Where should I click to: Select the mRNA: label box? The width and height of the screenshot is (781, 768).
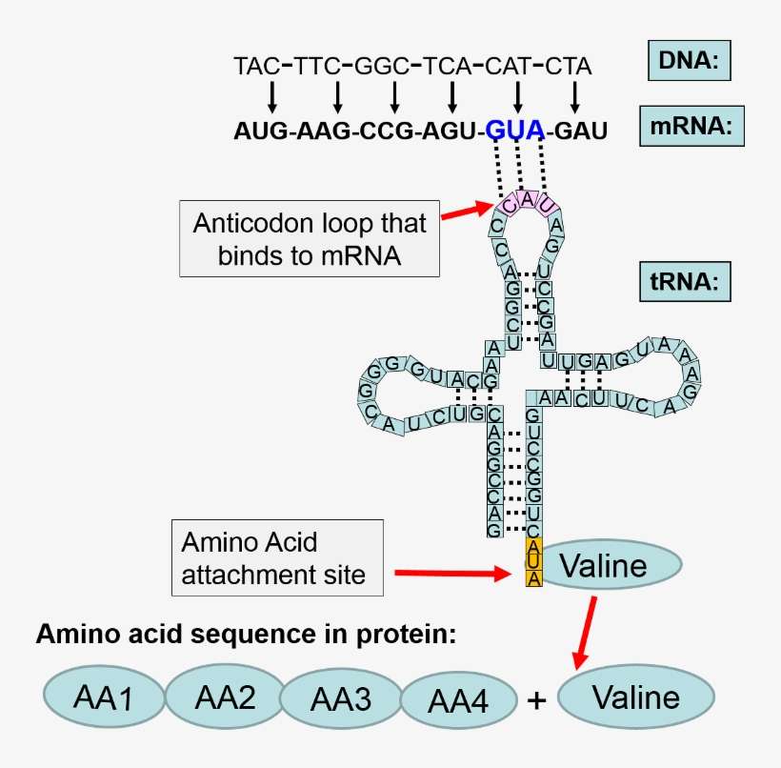(x=691, y=128)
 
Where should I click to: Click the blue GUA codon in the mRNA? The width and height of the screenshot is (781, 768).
(x=515, y=130)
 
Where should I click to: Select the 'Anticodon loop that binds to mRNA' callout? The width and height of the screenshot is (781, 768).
(x=310, y=238)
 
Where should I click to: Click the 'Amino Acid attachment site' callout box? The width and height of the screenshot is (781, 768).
(x=277, y=557)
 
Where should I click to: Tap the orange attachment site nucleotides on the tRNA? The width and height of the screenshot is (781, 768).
(x=534, y=562)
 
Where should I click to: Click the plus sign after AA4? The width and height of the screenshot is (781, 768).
(x=537, y=701)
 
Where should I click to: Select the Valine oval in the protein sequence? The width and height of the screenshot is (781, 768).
(x=635, y=698)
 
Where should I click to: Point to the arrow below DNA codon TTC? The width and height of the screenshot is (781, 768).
(x=337, y=96)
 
